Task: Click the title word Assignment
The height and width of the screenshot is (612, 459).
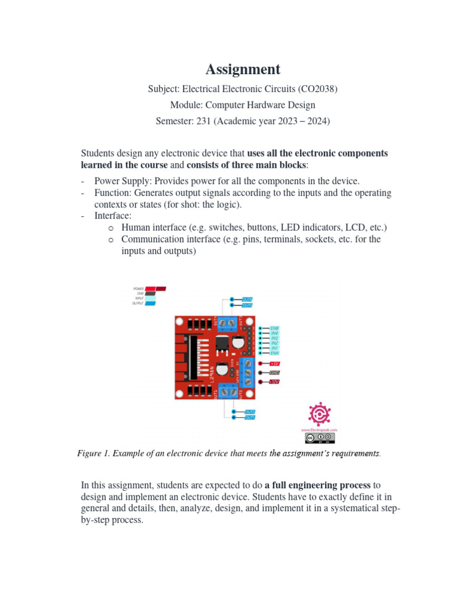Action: [243, 69]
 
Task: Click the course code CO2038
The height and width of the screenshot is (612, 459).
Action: [318, 89]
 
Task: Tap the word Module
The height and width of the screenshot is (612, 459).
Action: [186, 105]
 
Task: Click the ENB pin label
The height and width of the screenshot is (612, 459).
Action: [274, 328]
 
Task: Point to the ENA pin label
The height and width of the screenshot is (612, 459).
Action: [274, 353]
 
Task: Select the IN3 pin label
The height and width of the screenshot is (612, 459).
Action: [274, 338]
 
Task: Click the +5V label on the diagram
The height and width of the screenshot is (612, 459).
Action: [275, 363]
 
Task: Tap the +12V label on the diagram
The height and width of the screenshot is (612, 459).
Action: [274, 381]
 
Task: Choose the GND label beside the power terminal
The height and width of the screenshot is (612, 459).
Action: [275, 372]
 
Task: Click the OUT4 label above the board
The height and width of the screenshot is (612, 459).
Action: [247, 299]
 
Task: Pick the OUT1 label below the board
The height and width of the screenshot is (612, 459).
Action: [250, 418]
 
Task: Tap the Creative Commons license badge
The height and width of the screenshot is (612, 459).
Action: [319, 438]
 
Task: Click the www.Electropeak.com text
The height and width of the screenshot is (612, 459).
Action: [319, 430]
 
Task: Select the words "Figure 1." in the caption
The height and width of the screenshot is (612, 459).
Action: [94, 454]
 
